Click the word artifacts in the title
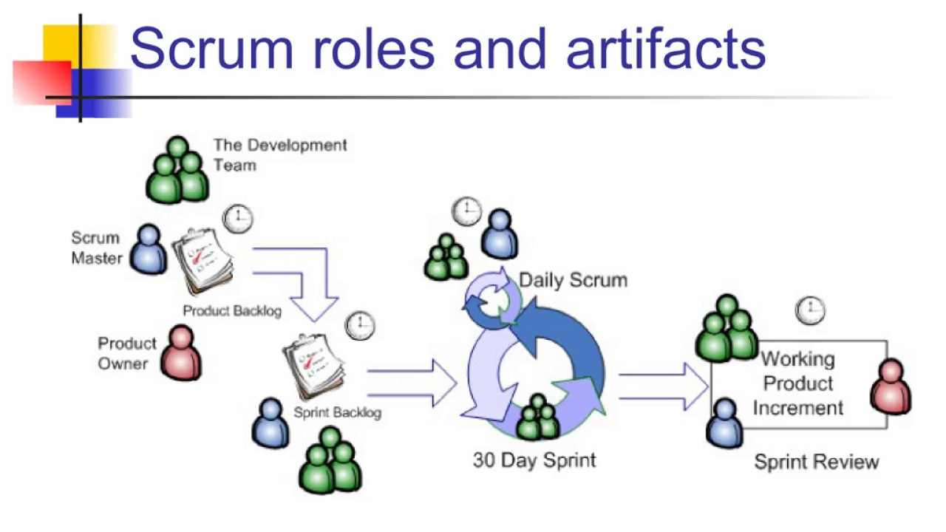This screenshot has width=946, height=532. pyautogui.click(x=665, y=48)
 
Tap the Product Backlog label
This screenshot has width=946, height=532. pyautogui.click(x=232, y=311)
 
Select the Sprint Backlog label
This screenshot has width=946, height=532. pyautogui.click(x=338, y=412)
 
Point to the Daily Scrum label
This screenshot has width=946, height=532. pyautogui.click(x=573, y=280)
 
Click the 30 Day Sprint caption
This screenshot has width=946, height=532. pyautogui.click(x=534, y=460)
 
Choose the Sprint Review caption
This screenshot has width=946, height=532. pyautogui.click(x=816, y=463)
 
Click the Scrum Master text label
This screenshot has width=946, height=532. pyautogui.click(x=95, y=248)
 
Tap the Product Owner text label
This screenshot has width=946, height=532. pyautogui.click(x=127, y=353)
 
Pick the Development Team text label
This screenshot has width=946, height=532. pyautogui.click(x=279, y=154)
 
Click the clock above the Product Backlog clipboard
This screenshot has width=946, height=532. pyautogui.click(x=238, y=218)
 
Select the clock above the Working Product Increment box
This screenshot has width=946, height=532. pyautogui.click(x=810, y=310)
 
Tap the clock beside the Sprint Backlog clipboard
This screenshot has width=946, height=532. pyautogui.click(x=361, y=325)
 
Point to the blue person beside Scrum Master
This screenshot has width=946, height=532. pyautogui.click(x=149, y=250)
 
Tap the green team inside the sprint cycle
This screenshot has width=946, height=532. pyautogui.click(x=537, y=417)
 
